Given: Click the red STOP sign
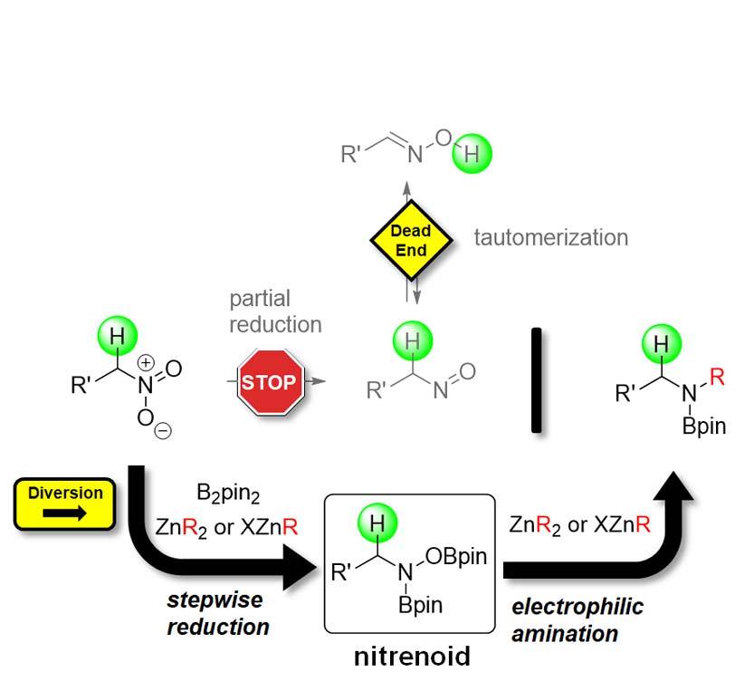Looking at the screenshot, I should pos(269,382).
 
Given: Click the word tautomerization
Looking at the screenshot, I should pos(550,237).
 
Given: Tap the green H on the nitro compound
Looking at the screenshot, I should pos(117,337).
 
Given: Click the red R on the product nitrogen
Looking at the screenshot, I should pos(717,378).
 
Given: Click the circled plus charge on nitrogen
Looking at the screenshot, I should pos(145,362).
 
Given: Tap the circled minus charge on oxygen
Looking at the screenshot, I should pos(163,430).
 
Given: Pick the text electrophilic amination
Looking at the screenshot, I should pos(577,619).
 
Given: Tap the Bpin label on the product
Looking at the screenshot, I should pos(703,426).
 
